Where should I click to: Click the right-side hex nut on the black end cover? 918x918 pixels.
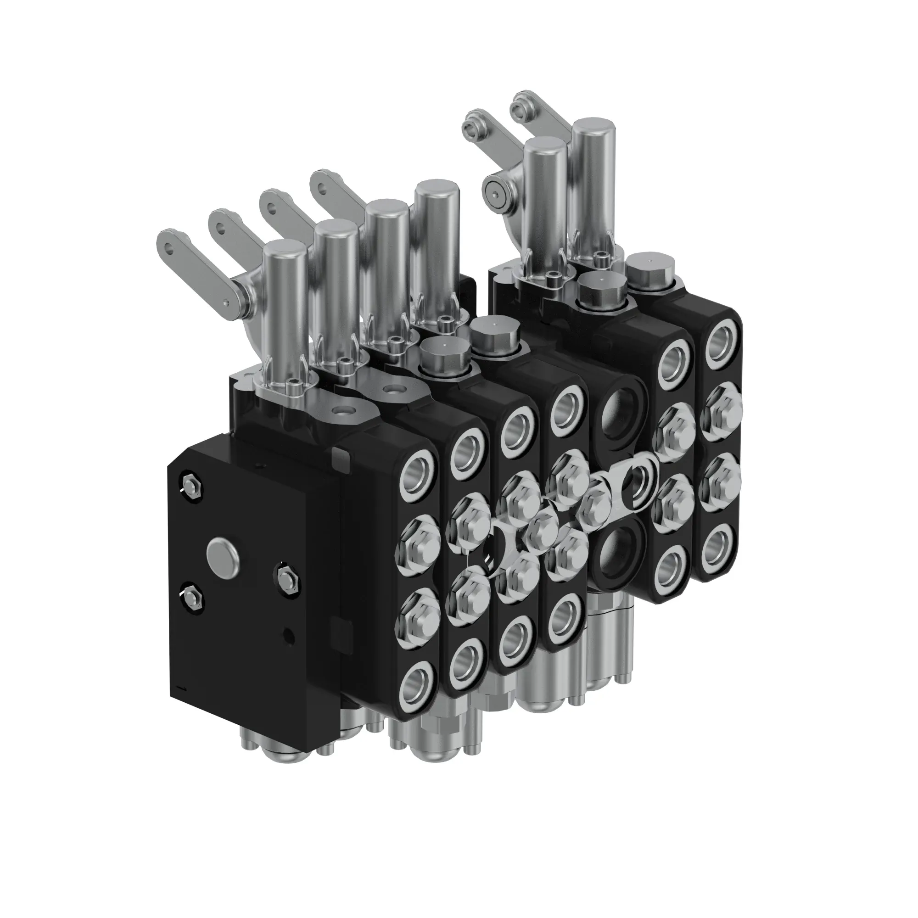[x=286, y=578]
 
